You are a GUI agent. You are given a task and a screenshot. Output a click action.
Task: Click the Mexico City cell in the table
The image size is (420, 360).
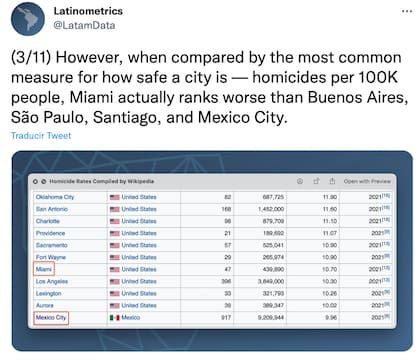tap(54, 317)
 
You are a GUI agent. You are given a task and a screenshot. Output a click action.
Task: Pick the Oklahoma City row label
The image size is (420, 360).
tap(57, 197)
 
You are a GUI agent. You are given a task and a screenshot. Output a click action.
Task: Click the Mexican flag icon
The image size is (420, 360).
tap(114, 317)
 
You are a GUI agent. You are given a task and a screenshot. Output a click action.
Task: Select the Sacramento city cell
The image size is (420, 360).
tap(54, 245)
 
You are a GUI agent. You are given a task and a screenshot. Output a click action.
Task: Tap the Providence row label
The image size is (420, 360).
tap(52, 233)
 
